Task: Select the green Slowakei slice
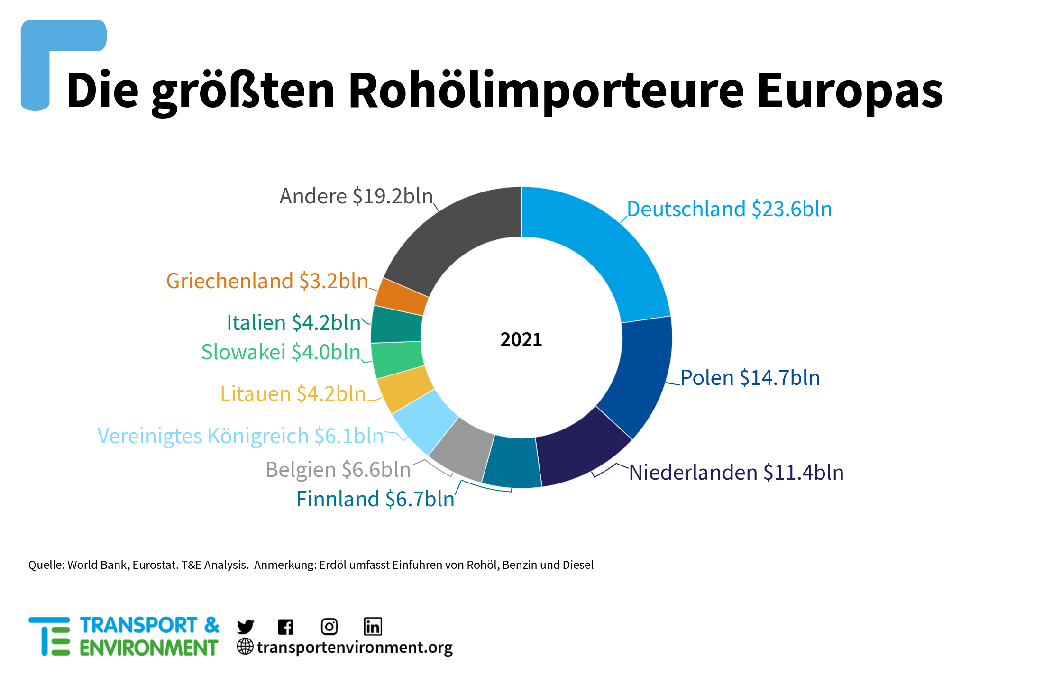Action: tap(397, 359)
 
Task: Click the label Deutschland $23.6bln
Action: tap(729, 209)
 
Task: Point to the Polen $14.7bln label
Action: tap(750, 378)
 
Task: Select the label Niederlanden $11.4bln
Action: tap(736, 473)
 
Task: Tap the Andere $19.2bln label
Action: tap(356, 196)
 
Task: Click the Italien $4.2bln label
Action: tap(294, 323)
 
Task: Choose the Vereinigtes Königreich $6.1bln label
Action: tap(240, 436)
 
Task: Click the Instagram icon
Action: tap(329, 627)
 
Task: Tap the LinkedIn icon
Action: tap(373, 627)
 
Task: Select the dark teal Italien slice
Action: tap(396, 325)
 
